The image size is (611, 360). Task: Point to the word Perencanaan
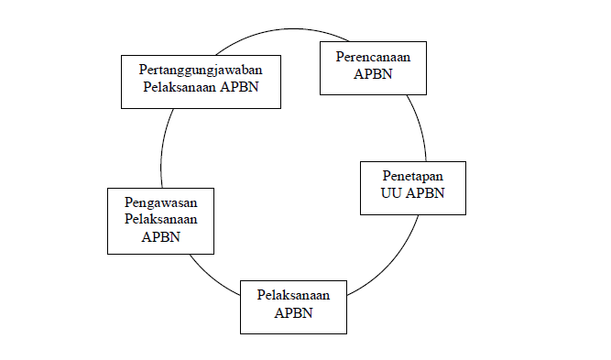point(373,57)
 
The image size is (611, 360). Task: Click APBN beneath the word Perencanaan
point(373,74)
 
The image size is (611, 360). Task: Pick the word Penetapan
point(413,175)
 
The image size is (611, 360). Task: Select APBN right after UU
point(426,192)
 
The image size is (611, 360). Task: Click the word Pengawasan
point(160,202)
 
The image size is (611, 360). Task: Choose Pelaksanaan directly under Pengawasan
point(160,220)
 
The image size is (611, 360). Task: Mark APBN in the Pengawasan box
point(160,236)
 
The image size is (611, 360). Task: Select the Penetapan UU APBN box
point(413,188)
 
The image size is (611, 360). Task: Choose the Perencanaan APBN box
point(373,66)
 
